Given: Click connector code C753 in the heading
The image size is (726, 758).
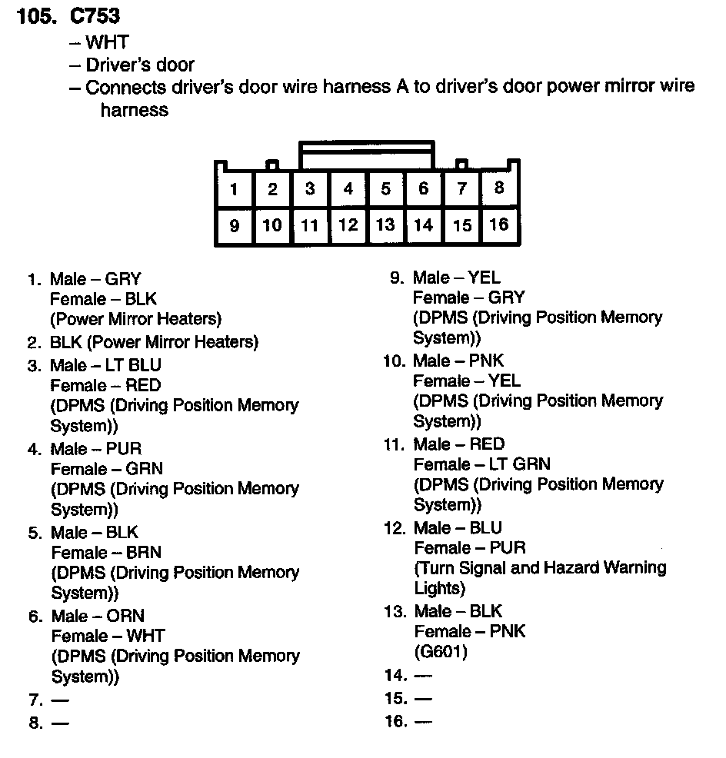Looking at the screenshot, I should coord(95,15).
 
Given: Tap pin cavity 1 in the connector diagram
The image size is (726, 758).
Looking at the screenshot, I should coord(234,189).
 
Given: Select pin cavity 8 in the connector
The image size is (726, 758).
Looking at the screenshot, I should coord(500,188).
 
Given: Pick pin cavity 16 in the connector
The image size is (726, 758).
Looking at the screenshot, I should coord(499,224).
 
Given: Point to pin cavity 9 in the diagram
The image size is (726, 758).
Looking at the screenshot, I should coord(234,226).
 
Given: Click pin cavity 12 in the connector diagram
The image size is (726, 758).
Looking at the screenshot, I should coord(348,225).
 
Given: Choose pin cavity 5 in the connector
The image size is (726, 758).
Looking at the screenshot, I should coord(385,188).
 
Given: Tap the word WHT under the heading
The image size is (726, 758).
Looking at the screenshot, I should coord(107,42).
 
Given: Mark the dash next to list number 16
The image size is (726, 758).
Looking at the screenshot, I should coord(423,722).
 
